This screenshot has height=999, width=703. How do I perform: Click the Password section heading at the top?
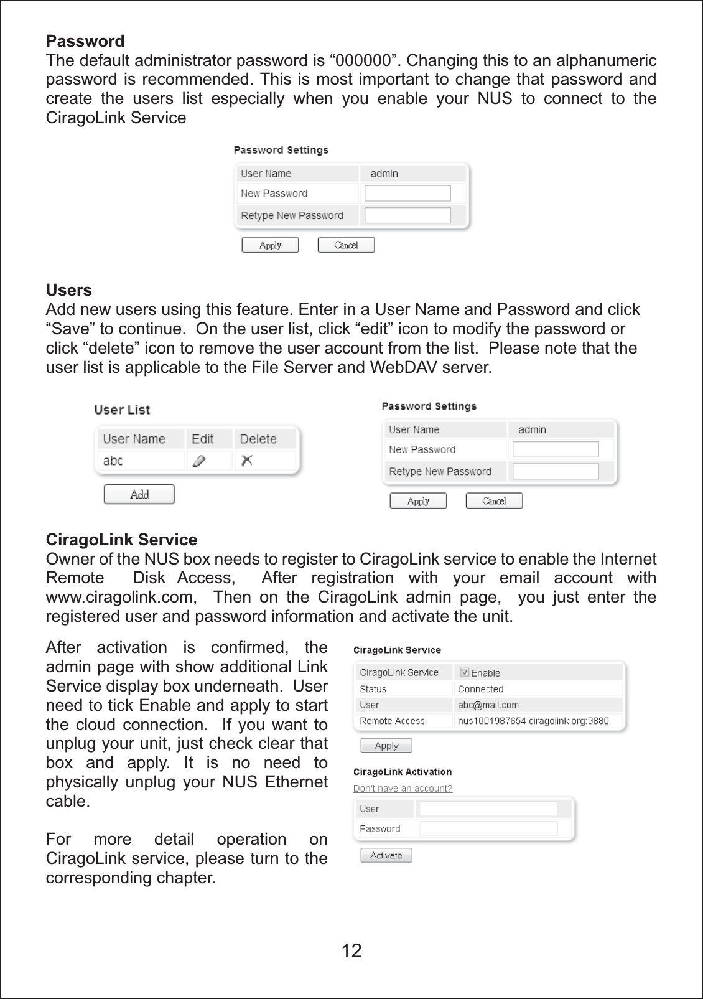[85, 41]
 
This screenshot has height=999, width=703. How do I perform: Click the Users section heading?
[68, 290]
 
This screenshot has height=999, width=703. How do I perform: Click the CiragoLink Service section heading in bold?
[121, 540]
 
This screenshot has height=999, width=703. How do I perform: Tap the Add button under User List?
[139, 494]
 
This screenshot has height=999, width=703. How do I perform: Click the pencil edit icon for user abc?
[199, 461]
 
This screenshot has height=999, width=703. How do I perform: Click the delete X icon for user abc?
[247, 461]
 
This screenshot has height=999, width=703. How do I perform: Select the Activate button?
[386, 855]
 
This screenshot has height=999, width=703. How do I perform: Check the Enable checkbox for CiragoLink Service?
[464, 672]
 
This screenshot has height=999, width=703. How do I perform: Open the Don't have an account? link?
[403, 788]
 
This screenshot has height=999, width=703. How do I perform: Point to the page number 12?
[351, 950]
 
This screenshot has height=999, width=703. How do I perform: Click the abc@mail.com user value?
[488, 705]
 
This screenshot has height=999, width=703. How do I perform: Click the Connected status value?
[480, 689]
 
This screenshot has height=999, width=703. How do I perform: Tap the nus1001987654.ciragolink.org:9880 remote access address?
[533, 721]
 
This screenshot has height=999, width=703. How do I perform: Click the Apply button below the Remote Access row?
[386, 745]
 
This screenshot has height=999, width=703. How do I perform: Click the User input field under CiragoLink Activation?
[488, 809]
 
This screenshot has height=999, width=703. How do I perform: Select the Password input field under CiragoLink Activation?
[488, 828]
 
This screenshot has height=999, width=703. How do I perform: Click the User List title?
[122, 410]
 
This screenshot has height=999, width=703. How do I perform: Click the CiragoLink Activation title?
[403, 772]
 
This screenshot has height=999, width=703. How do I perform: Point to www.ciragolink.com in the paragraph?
[119, 597]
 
